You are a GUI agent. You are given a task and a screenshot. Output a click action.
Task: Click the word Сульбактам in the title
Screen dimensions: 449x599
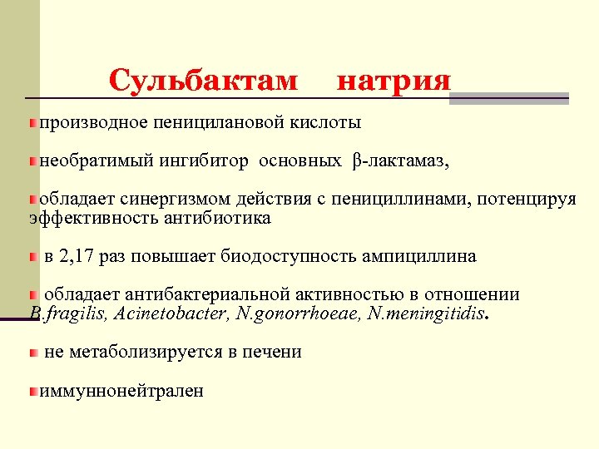203,81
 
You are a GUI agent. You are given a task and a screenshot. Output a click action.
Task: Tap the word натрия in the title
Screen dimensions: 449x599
394,81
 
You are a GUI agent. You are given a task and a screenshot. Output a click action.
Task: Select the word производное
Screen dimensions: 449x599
93,123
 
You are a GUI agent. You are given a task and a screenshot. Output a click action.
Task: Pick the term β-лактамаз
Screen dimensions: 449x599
399,161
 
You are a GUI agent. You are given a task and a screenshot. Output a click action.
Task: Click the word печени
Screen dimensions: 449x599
273,352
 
